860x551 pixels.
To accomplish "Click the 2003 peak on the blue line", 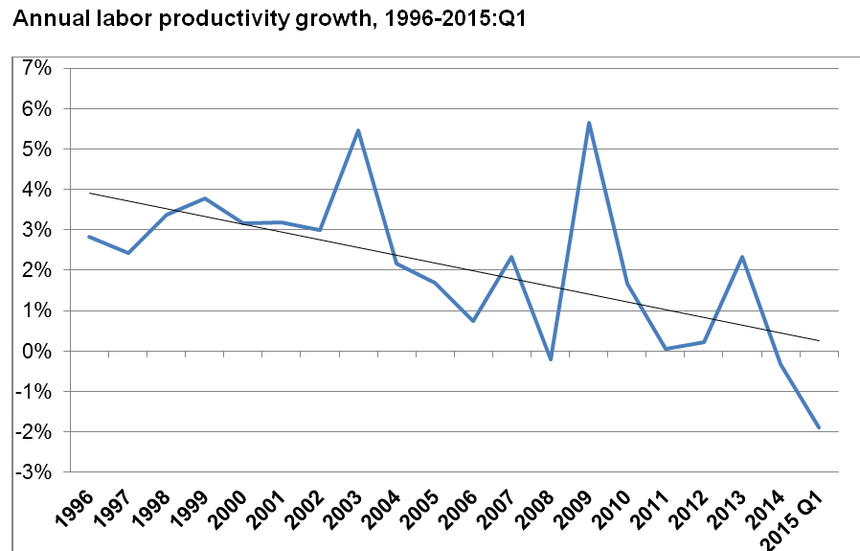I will pyautogui.click(x=357, y=130).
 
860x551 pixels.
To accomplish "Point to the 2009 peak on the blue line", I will pyautogui.click(x=588, y=123).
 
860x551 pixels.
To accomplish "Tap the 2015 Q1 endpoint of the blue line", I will pyautogui.click(x=819, y=427).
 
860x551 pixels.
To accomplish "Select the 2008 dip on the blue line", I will pyautogui.click(x=550, y=359).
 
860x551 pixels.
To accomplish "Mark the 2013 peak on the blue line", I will pyautogui.click(x=742, y=257).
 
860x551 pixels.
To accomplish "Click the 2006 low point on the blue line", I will pyautogui.click(x=473, y=321).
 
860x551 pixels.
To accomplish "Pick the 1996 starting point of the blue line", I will pyautogui.click(x=89, y=237).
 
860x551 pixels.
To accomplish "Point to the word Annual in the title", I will pyautogui.click(x=41, y=19).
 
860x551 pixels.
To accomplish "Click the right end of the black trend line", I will pyautogui.click(x=819, y=340).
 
